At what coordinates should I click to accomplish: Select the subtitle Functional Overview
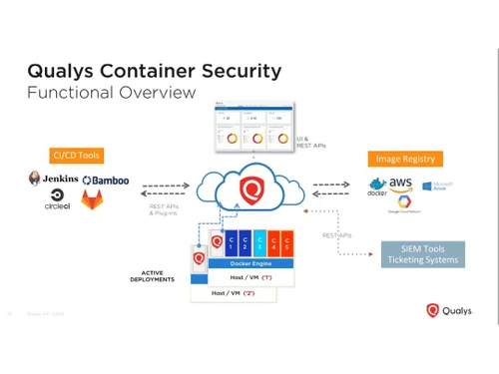[x=110, y=93]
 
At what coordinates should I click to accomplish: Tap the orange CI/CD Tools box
[x=76, y=156]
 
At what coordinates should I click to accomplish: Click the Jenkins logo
[x=52, y=180]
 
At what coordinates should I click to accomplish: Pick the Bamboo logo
[x=106, y=181]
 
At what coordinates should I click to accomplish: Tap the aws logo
[x=400, y=184]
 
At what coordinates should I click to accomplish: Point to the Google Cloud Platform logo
[x=404, y=203]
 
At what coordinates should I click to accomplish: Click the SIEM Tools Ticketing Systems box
[x=423, y=253]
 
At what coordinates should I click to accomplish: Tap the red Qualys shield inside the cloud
[x=253, y=187]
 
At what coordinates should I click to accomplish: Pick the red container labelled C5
[x=286, y=243]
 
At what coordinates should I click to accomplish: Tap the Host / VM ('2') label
[x=234, y=294]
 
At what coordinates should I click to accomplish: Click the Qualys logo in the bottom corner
[x=454, y=310]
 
